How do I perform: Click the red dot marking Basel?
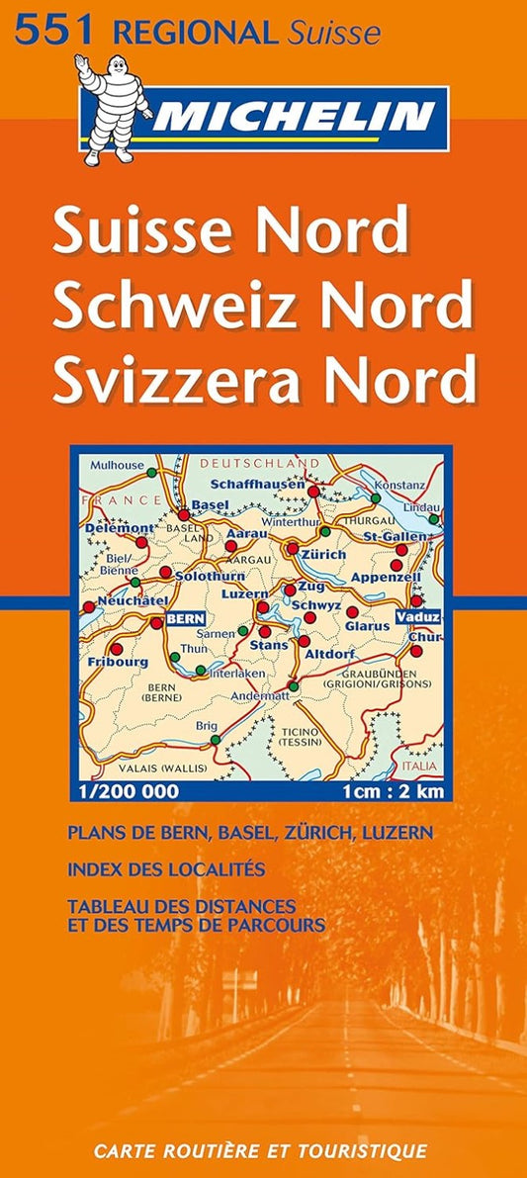184,515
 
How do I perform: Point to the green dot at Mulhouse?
150,473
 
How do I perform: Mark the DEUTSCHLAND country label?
260,462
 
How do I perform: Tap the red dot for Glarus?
353,612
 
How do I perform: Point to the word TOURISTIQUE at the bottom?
368,1150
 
